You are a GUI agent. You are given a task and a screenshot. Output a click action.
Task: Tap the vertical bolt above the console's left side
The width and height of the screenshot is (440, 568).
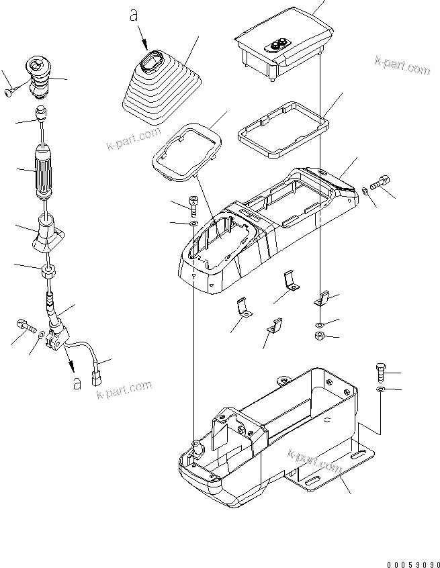click(192, 203)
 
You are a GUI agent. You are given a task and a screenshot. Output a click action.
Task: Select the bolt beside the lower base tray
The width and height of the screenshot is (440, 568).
click(380, 371)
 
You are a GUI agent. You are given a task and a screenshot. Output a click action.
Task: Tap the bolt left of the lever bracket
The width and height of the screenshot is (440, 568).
click(25, 326)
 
